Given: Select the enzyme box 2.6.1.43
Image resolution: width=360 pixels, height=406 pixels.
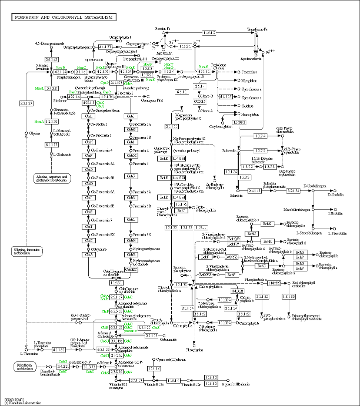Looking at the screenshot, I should click(52, 59).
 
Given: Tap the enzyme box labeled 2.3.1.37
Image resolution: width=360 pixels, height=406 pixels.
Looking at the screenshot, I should click(26, 103).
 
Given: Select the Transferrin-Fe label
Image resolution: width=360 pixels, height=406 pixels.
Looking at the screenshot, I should click(257, 28).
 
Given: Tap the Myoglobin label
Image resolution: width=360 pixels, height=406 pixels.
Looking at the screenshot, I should click(250, 80).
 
